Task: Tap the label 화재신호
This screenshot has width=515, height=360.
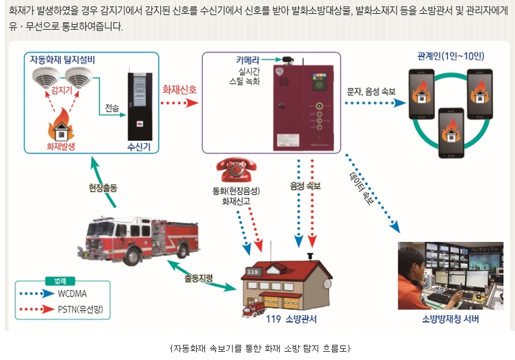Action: click(x=179, y=89)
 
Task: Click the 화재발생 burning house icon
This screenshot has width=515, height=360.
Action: click(x=61, y=127)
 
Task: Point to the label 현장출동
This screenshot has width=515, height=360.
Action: click(x=103, y=187)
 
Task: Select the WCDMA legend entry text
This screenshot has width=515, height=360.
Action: click(x=76, y=293)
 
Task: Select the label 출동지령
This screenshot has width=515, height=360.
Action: click(x=198, y=278)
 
